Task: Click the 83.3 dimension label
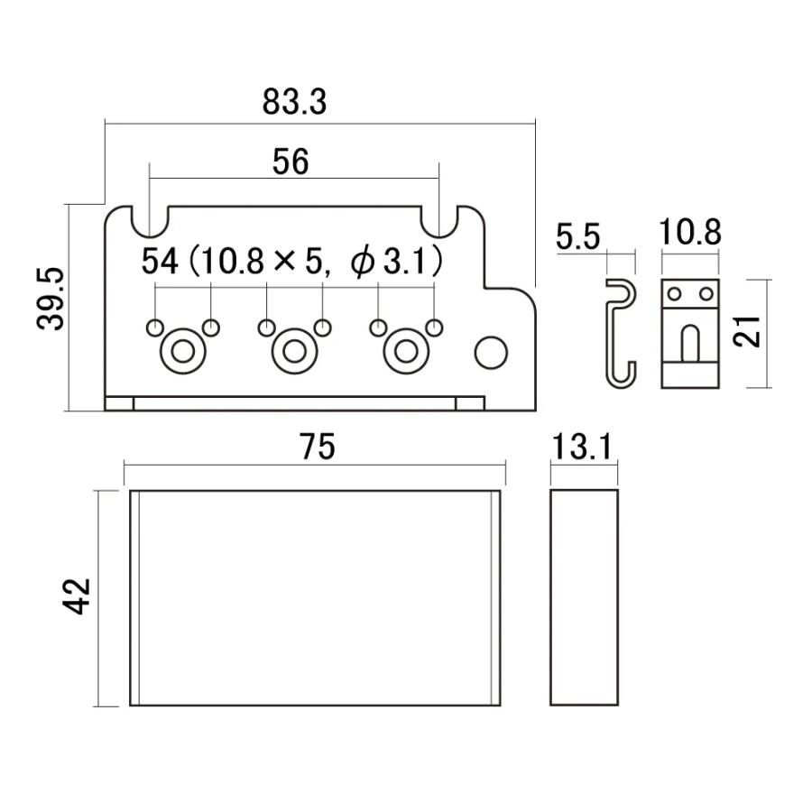click(294, 102)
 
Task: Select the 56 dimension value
click(291, 161)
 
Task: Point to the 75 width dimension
click(318, 447)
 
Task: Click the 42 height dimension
click(77, 596)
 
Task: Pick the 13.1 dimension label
click(583, 447)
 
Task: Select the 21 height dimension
click(747, 331)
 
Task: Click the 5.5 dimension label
click(578, 237)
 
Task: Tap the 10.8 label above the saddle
click(690, 232)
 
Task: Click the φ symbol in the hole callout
click(363, 262)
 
